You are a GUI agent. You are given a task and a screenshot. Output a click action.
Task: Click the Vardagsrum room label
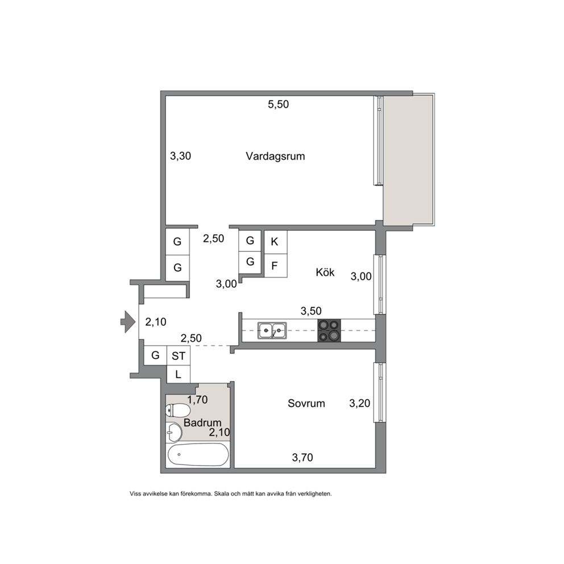275,156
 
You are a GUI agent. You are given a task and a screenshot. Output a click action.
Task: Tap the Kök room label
325,272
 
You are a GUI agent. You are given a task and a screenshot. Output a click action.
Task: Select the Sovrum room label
306,403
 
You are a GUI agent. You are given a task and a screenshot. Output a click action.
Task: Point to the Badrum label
202,422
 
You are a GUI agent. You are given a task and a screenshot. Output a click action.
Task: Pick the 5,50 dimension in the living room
279,104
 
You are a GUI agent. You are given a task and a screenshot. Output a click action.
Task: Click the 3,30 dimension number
181,156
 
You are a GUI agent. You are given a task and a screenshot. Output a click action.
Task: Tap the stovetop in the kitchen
329,330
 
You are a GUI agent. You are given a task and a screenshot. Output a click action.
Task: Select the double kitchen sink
272,330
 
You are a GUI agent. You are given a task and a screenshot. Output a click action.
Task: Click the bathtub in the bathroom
198,455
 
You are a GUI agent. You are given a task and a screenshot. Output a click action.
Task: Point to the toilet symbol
177,410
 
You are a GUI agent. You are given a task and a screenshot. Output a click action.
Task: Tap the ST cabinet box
179,356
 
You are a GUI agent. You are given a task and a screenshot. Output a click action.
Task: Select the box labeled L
179,375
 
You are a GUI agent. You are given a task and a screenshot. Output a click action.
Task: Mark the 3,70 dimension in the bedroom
302,458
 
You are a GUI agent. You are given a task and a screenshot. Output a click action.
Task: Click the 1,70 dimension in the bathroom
197,400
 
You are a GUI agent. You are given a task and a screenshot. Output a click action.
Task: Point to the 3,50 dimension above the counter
311,311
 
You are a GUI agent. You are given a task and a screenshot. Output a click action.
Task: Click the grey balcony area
408,160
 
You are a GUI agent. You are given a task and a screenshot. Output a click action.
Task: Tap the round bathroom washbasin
175,432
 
